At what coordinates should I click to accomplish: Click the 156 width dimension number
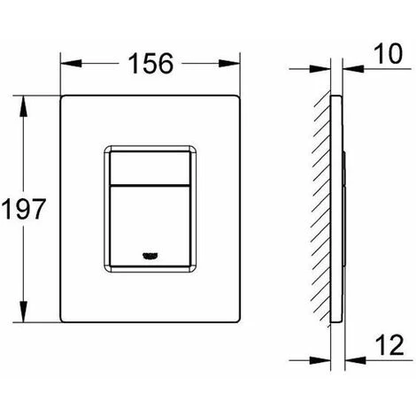pos(150,64)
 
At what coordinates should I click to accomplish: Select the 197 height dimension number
pos(24,209)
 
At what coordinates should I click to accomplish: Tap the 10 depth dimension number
pos(388,54)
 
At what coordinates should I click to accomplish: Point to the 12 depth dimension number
pos(389,345)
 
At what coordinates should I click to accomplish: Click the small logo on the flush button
pos(150,256)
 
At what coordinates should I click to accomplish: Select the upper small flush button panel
pos(150,168)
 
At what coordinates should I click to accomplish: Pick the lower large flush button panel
pos(150,226)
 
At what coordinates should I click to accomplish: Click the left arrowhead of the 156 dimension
pos(71,64)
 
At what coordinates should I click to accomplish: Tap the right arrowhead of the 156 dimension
pos(229,64)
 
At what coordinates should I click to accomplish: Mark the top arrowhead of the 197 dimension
pos(23,106)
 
